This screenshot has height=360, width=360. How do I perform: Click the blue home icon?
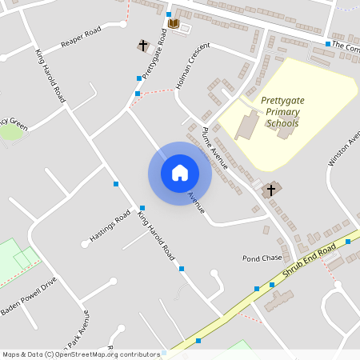coord(180,172)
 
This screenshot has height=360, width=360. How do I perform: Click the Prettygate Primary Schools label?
coord(280,112)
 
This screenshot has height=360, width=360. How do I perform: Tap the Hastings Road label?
coord(110,226)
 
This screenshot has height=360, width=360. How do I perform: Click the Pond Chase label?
coord(262,258)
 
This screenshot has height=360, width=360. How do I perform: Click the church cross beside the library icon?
coord(144,46)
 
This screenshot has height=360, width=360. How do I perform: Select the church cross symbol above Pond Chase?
coord(270,190)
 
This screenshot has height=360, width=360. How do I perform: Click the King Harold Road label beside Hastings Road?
coord(156,235)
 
